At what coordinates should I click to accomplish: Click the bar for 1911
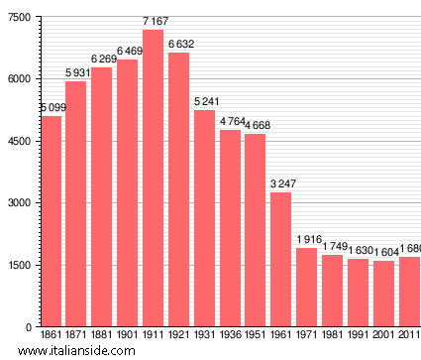pos(153,179)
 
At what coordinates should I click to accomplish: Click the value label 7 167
pos(153,22)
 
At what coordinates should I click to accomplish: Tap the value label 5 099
pos(51,107)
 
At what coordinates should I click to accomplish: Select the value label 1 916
pos(307,240)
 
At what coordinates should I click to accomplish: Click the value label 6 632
pos(178,45)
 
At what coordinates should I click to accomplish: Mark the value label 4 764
pos(230,122)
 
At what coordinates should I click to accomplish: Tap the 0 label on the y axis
pos(29,327)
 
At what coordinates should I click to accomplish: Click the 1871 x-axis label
pos(76,335)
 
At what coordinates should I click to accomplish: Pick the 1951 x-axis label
pos(256,335)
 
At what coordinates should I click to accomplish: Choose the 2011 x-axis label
pos(409,335)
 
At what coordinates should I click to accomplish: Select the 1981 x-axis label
pos(333,335)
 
